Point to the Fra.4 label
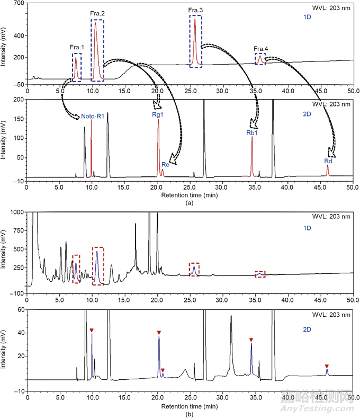pyautogui.click(x=260, y=48)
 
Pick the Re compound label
pyautogui.click(x=165, y=165)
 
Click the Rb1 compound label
pyautogui.click(x=251, y=133)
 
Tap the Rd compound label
pyautogui.click(x=328, y=161)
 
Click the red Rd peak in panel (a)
pyautogui.click(x=328, y=171)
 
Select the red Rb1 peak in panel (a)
pyautogui.click(x=251, y=159)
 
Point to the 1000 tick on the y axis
pyautogui.click(x=17, y=212)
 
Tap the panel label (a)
pyautogui.click(x=190, y=203)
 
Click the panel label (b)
pyautogui.click(x=190, y=414)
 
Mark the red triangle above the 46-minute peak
pyautogui.click(x=327, y=366)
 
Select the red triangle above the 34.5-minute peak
pyautogui.click(x=251, y=340)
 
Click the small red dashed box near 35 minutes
pyautogui.click(x=259, y=274)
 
